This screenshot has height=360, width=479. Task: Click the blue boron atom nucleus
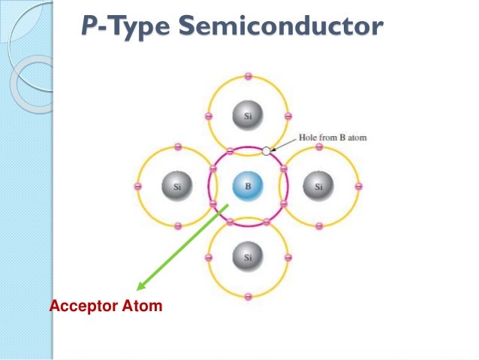(249, 186)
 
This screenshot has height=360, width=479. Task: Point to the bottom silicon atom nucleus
(249, 257)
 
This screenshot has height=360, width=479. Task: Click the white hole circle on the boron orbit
(266, 150)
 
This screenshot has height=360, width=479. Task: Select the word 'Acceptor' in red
(77, 306)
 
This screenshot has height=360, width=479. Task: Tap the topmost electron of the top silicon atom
(249, 75)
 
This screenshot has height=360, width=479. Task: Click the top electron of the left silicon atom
(178, 147)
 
